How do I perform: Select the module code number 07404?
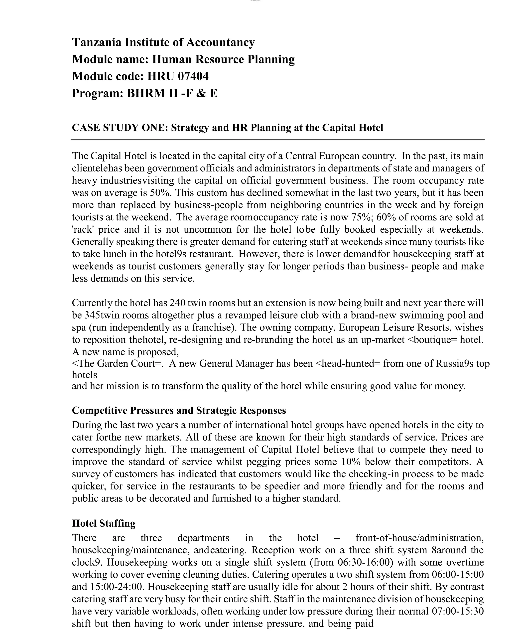(x=193, y=76)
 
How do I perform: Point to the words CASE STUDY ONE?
(x=120, y=128)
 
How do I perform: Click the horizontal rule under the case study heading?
(x=277, y=139)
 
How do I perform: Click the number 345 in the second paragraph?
(x=92, y=315)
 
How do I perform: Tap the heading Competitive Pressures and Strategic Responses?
(x=179, y=411)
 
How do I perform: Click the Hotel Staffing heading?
(x=104, y=523)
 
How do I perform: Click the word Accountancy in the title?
(x=220, y=42)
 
